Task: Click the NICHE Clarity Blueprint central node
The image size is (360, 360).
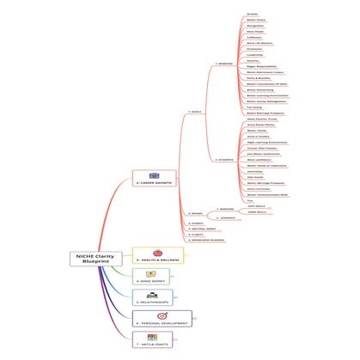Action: (x=95, y=261)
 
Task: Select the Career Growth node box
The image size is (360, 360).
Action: (x=153, y=182)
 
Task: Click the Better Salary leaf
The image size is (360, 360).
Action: (x=254, y=21)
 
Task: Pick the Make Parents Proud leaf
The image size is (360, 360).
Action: (x=259, y=119)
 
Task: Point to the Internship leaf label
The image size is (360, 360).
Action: (x=253, y=170)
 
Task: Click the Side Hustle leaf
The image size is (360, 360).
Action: (x=253, y=177)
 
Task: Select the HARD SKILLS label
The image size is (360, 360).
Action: (x=254, y=211)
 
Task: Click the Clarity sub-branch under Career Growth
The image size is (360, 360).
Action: (x=197, y=235)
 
